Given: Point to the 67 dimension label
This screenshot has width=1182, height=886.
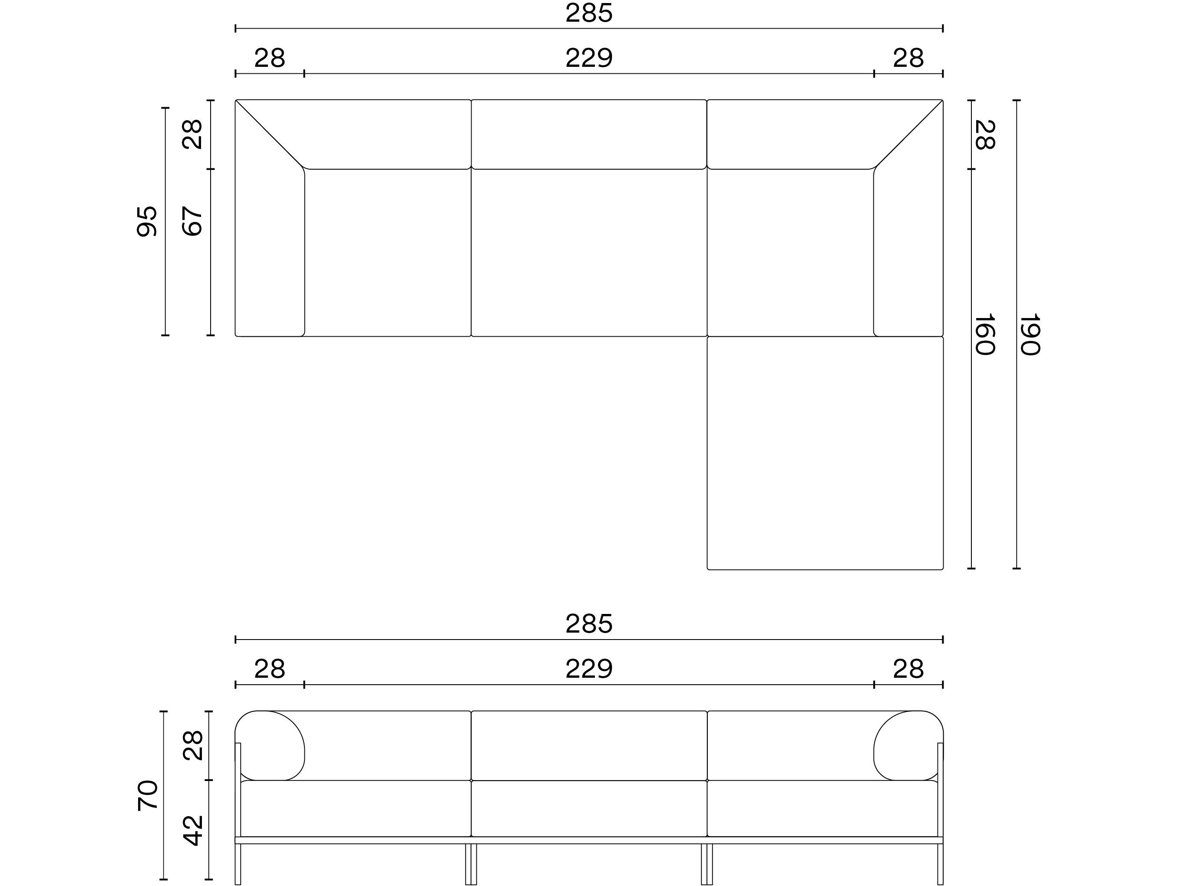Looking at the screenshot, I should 192,221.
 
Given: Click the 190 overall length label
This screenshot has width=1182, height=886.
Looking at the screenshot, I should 1030,335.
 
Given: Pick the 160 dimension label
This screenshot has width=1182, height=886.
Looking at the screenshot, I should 984,335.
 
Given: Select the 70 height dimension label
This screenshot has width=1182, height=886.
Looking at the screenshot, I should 148,796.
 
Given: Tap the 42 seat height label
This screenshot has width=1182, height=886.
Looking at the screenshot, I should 193,830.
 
